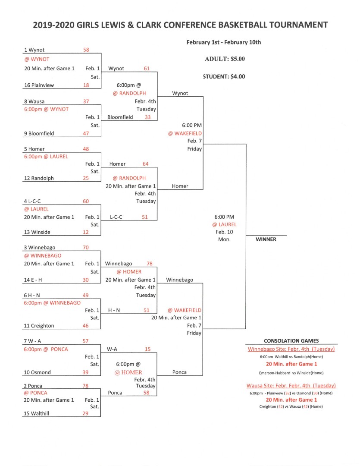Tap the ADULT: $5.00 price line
click(225, 59)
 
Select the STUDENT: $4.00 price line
click(224, 76)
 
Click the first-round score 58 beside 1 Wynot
click(86, 50)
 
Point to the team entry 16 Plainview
click(39, 85)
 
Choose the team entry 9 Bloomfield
click(39, 133)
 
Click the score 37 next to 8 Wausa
click(86, 101)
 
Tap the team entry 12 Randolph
click(39, 178)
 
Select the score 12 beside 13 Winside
click(85, 232)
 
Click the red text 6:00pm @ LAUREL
click(46, 156)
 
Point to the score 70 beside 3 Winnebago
click(86, 247)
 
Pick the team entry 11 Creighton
click(39, 326)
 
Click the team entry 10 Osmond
click(37, 372)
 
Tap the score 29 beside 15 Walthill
click(85, 413)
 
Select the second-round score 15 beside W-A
click(147, 349)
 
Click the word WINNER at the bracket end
click(266, 239)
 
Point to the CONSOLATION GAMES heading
click(291, 341)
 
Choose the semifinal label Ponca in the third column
click(179, 372)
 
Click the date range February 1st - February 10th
click(224, 42)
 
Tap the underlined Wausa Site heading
click(291, 386)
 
